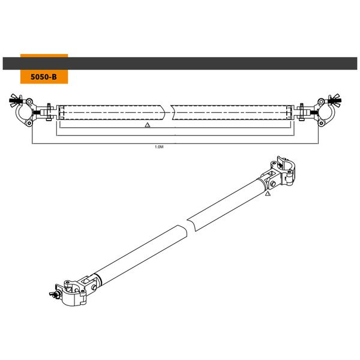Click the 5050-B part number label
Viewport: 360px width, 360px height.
click(x=44, y=77)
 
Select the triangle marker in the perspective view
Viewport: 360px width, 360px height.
click(x=268, y=195)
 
